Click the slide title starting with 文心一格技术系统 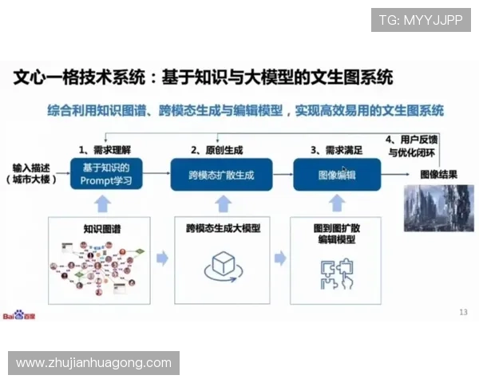(x=204, y=77)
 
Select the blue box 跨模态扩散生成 (x=221, y=174)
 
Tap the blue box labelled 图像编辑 (x=336, y=174)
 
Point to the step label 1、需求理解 (x=105, y=149)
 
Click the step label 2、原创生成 (x=217, y=149)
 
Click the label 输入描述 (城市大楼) (x=31, y=173)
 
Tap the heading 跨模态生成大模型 (x=223, y=228)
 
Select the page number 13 (x=463, y=311)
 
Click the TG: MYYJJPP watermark (x=421, y=19)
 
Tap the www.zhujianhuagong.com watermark (x=94, y=363)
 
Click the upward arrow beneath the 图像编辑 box (x=337, y=203)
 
